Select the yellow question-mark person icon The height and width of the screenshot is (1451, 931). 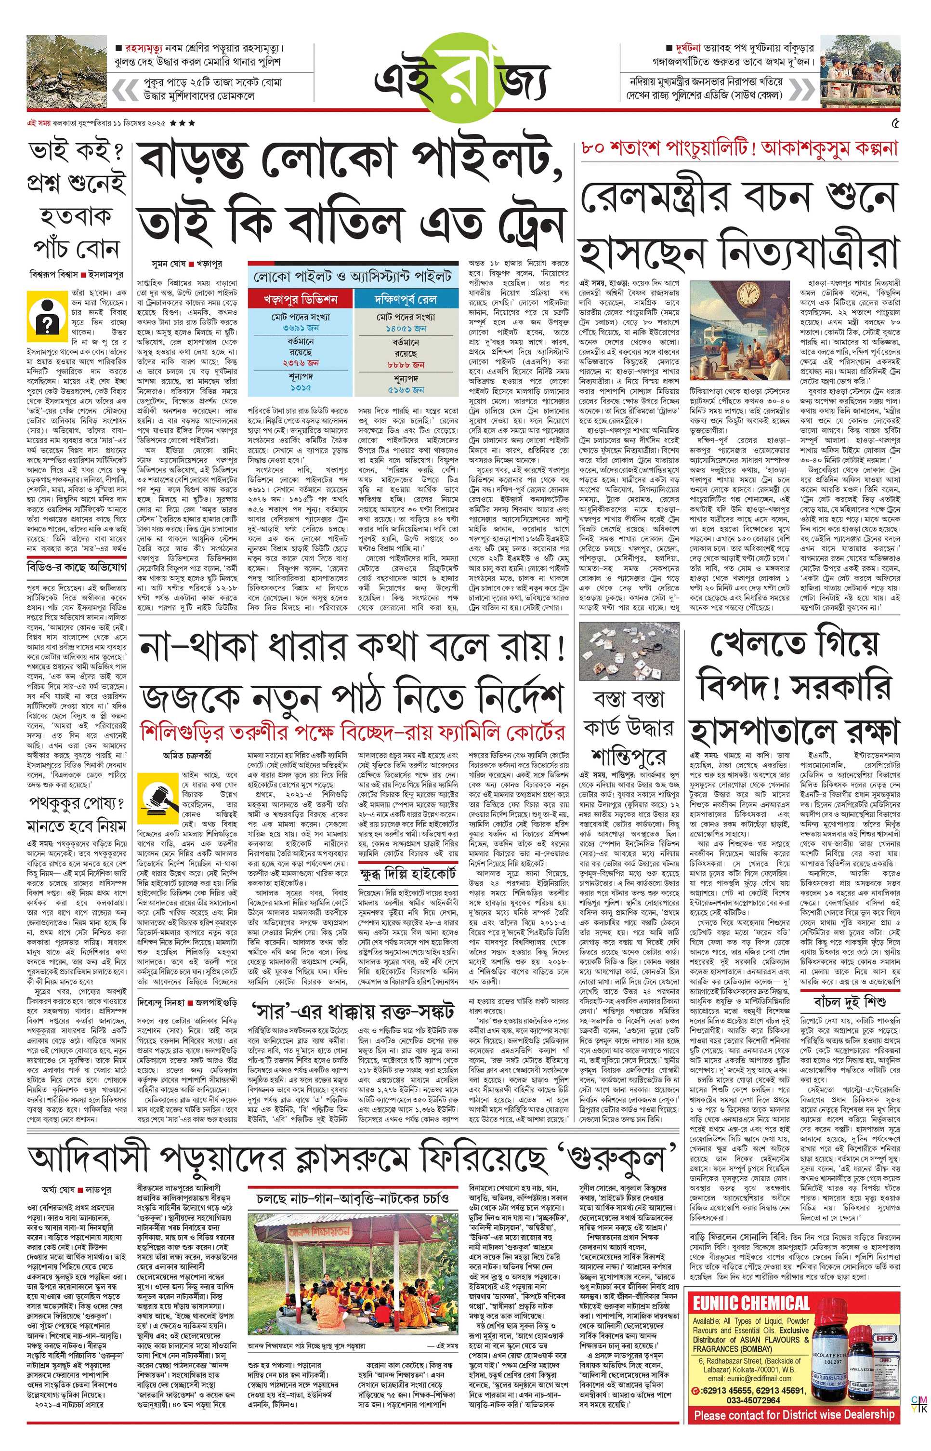pos(45,313)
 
